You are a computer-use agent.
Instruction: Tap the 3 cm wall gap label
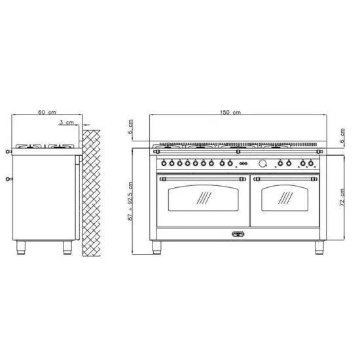coord(65,122)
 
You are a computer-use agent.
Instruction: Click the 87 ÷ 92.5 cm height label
coord(131,201)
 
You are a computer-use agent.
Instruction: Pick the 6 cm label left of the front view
coord(131,126)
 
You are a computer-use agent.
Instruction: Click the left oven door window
coord(203,198)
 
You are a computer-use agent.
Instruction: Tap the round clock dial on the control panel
coord(263,163)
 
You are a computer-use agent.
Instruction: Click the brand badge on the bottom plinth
coord(239,232)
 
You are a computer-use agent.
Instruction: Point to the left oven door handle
coord(203,176)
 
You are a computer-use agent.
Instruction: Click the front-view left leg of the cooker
coord(157,247)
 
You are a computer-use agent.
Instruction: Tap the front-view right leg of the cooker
coord(319,247)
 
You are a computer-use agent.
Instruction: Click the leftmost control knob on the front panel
coord(165,163)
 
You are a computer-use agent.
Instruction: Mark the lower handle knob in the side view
coord(8,177)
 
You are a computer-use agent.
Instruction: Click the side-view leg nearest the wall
coord(67,247)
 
